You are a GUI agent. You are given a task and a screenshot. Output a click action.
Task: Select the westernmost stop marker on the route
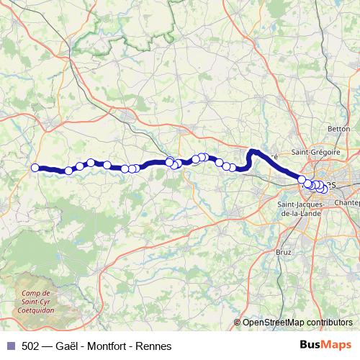(x=35, y=168)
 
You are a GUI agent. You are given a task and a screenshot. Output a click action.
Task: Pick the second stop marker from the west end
(x=68, y=171)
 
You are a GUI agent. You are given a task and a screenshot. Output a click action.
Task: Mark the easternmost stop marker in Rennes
(x=325, y=189)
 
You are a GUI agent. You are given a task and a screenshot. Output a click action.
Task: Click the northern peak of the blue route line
(x=253, y=151)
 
